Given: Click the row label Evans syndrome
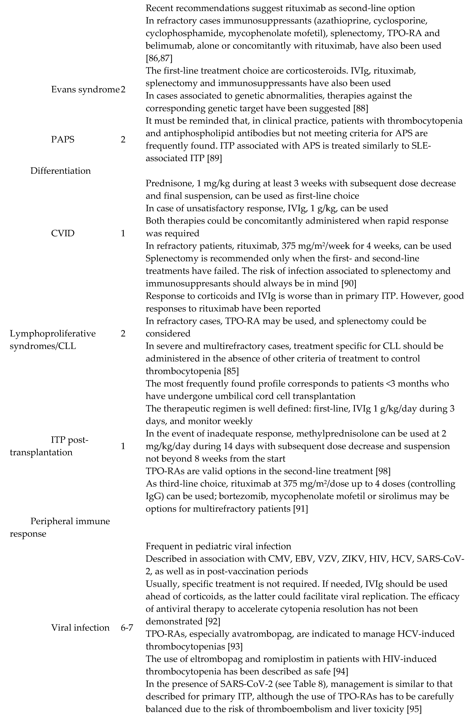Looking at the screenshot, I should [x=85, y=90].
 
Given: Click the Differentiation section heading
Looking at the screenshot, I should [x=61, y=171].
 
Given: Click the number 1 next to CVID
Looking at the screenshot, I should [x=123, y=233].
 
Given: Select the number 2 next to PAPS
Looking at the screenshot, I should [x=123, y=140].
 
